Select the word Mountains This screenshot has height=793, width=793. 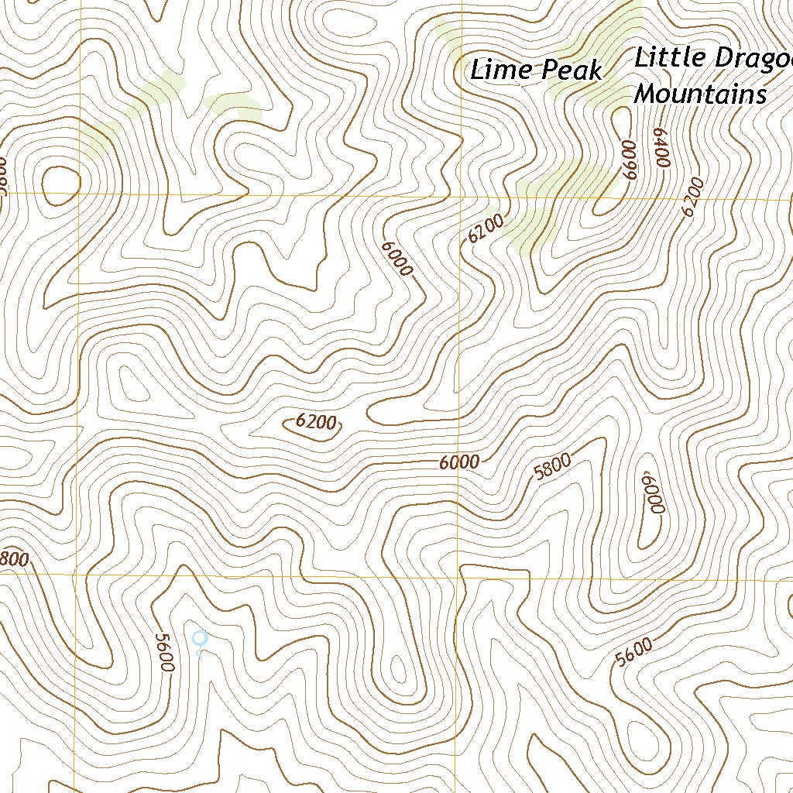click(700, 94)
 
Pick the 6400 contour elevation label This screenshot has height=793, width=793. click(660, 147)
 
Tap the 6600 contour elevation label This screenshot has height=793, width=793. click(628, 160)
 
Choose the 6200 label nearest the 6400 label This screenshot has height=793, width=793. click(694, 197)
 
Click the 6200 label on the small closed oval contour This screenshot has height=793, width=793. click(316, 422)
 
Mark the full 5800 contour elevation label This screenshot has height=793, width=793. click(553, 467)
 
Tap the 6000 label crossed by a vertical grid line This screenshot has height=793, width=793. click(459, 462)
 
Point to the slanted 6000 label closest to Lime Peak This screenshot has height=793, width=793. click(397, 259)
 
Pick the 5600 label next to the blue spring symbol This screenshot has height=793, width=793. click(164, 652)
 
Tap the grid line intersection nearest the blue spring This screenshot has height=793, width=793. click(77, 575)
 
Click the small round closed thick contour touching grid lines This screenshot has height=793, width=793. click(60, 184)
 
